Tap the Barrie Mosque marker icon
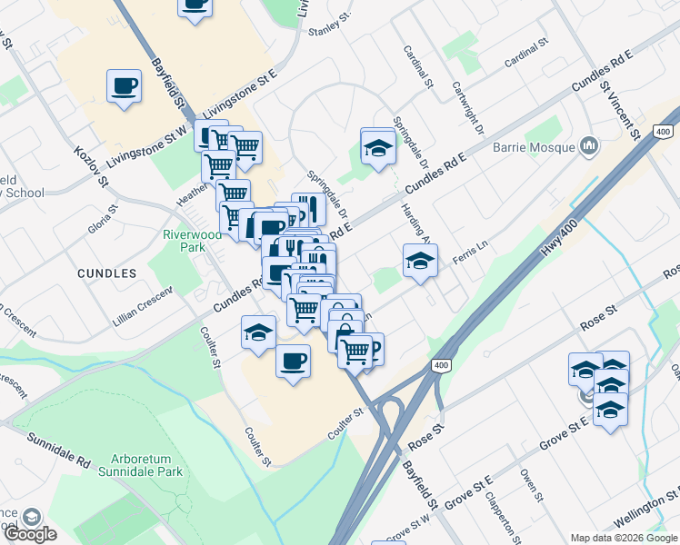(590, 145)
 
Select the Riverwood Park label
(192, 240)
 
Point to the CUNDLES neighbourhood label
(107, 272)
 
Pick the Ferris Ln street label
(471, 248)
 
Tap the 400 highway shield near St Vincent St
(663, 132)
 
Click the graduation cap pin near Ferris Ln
(420, 262)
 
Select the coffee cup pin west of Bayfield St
(125, 87)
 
